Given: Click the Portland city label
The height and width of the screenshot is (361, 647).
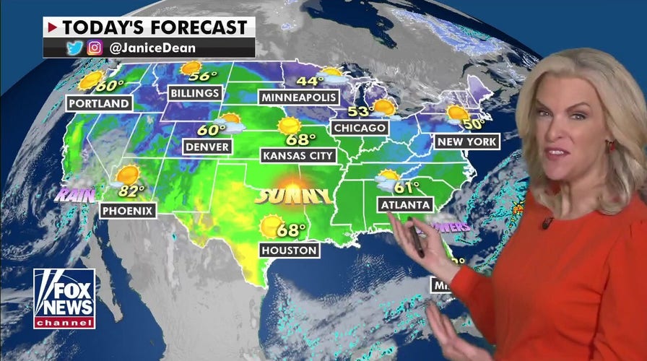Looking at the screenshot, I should click(100, 103).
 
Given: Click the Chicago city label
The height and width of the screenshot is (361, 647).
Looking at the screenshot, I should click(360, 128).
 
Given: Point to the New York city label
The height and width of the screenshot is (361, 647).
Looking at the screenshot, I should click(466, 142).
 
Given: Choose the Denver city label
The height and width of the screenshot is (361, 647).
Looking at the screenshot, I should click(207, 147).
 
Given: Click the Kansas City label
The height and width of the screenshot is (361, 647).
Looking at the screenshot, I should click(298, 155).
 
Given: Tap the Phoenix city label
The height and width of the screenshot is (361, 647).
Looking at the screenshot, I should click(129, 210).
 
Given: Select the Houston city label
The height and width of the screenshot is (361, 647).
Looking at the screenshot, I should click(290, 251).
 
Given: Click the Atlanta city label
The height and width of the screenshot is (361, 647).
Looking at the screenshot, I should click(405, 205).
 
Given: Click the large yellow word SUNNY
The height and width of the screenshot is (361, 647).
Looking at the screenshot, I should click(294, 196).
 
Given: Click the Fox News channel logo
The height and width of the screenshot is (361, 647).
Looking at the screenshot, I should click(64, 298).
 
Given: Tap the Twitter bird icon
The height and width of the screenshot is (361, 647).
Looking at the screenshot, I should click(74, 48).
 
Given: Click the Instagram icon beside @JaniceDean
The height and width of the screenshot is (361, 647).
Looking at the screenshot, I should click(94, 48).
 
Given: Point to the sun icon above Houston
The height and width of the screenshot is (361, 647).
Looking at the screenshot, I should click(272, 226).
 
